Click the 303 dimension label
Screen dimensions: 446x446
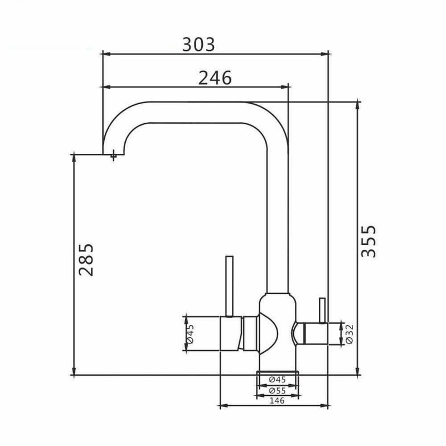pos(198,45)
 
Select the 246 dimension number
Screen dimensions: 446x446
pos(215,78)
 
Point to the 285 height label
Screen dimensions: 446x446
pos(86,259)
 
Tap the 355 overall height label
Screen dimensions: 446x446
pos(369,241)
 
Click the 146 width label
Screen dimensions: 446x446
pos(277,400)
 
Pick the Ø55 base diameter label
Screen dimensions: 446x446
pos(277,391)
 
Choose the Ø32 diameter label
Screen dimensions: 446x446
pos(350,334)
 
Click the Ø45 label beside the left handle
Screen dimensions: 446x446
pos(190,333)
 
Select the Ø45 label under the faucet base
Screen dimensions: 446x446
pos(277,380)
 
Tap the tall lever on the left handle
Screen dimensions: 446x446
pos(229,286)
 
